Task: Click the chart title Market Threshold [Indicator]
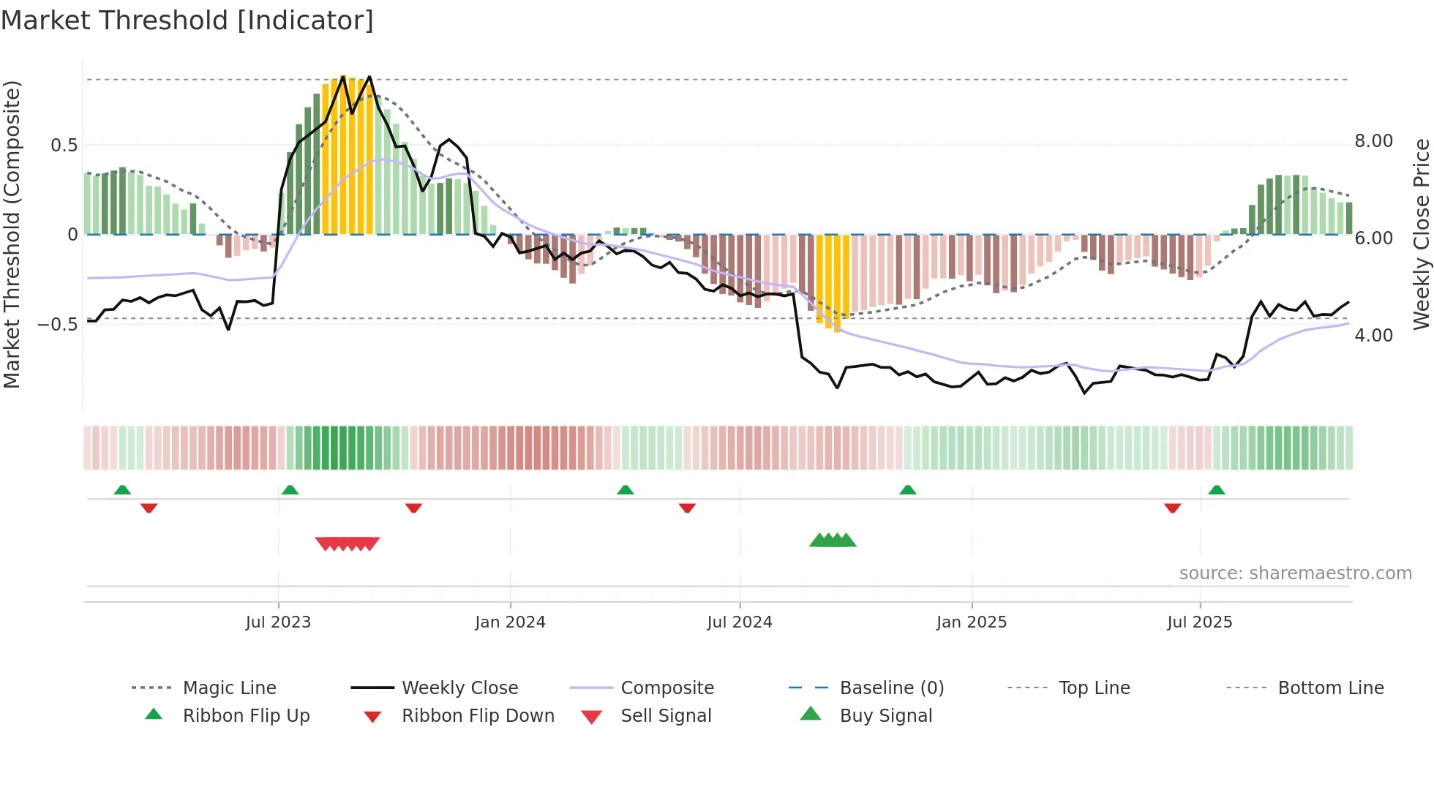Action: (187, 20)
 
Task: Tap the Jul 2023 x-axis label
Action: (278, 622)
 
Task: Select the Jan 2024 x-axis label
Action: (510, 622)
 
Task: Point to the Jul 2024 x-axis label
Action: (740, 622)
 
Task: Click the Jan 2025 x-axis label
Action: (972, 622)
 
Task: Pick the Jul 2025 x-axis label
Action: (1200, 622)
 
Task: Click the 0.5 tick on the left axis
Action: (64, 145)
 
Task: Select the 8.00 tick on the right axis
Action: (1373, 141)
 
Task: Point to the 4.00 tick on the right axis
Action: (1373, 336)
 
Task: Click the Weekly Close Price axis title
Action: (1421, 234)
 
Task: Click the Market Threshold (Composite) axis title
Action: (12, 234)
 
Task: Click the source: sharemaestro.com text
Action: (1295, 573)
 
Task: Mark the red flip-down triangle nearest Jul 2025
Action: (1172, 508)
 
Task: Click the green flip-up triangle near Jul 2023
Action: (290, 490)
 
